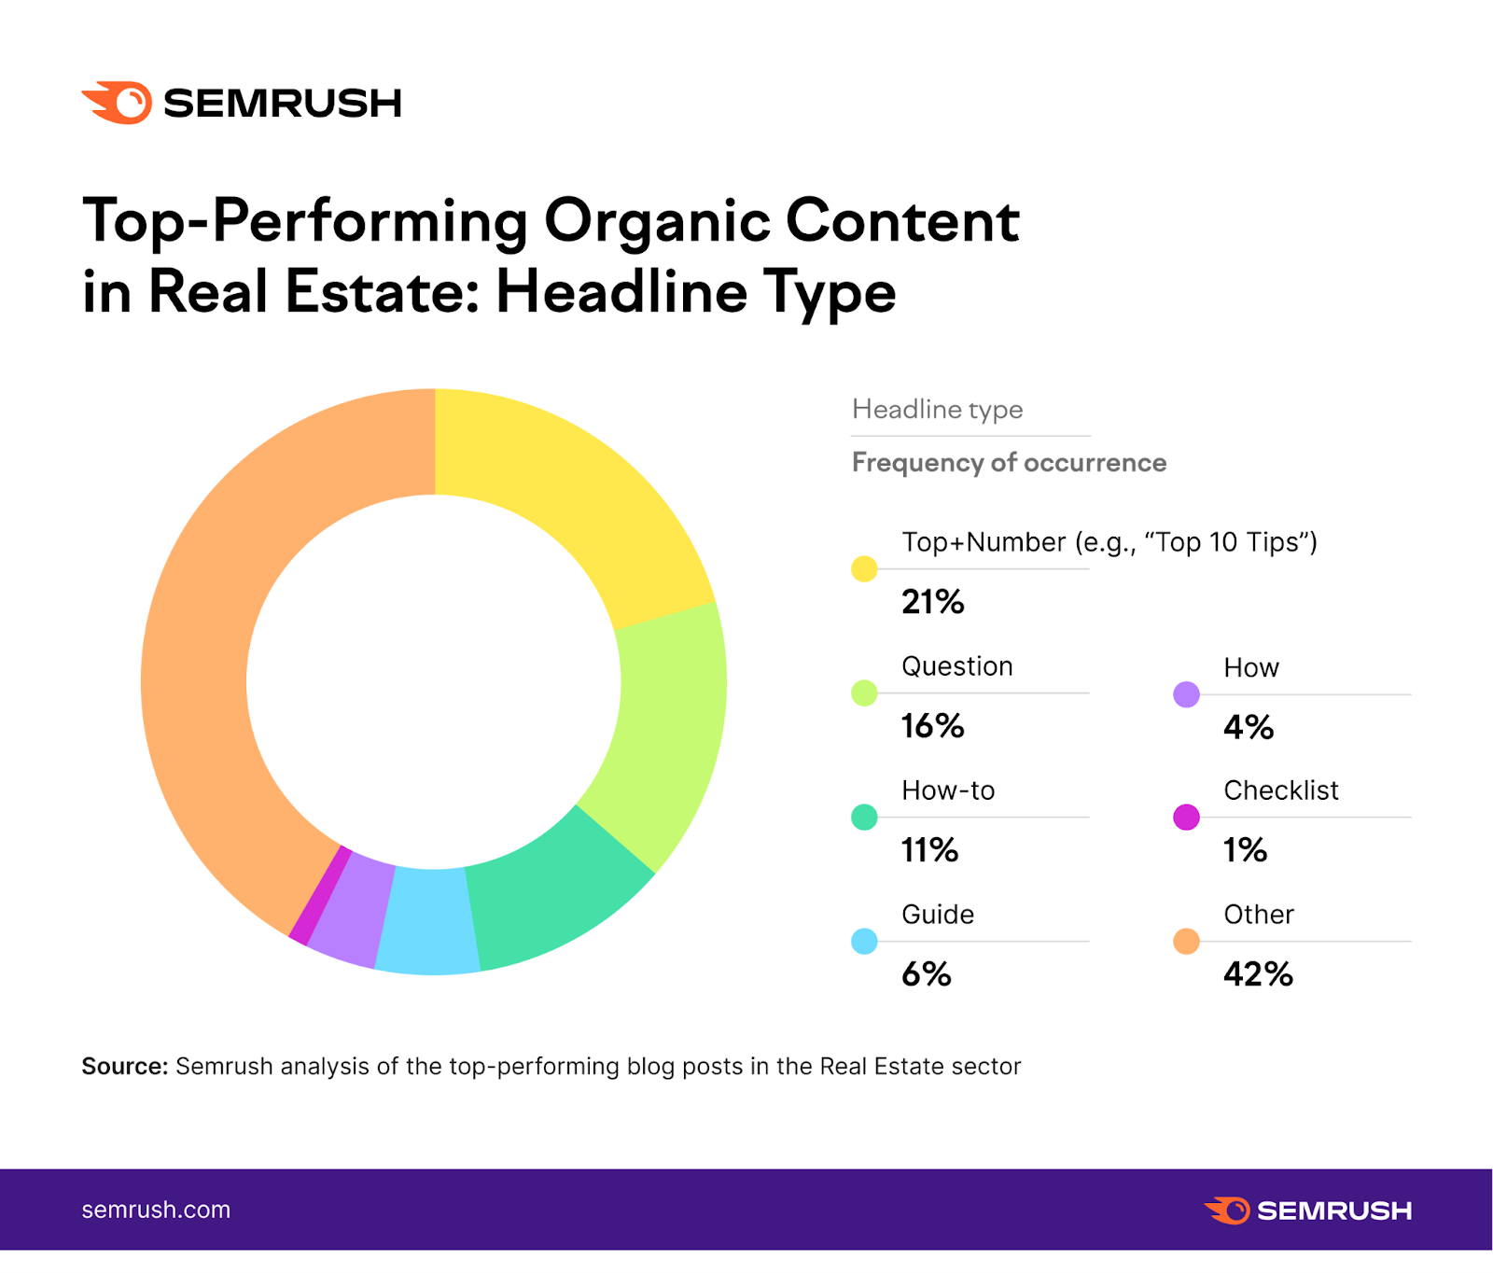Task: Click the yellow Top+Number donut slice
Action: click(560, 485)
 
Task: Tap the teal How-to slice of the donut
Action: click(551, 896)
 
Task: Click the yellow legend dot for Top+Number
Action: click(864, 568)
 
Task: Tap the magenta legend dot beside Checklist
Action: click(1186, 817)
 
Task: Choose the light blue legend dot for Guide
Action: click(864, 941)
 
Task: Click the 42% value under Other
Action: click(1258, 974)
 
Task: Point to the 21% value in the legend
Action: click(932, 602)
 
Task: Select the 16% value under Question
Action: click(932, 726)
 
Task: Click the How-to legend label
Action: click(948, 790)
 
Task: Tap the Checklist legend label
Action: click(1280, 790)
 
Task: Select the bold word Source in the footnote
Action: click(124, 1066)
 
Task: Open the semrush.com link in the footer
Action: click(156, 1210)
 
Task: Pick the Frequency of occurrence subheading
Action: click(1009, 463)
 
